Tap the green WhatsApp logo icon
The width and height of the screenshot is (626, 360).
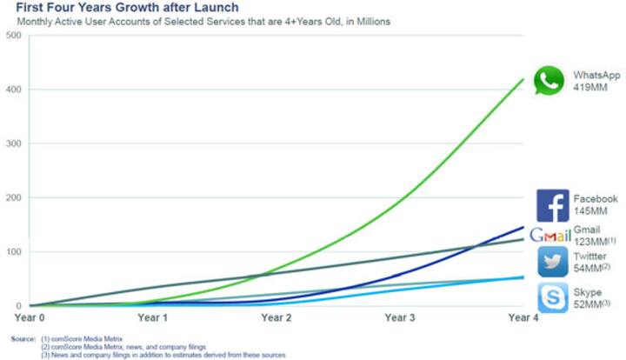point(549,81)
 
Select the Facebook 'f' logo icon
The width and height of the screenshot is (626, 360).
point(552,205)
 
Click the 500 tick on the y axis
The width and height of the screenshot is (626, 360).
point(14,35)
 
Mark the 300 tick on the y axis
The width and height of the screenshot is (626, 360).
point(14,143)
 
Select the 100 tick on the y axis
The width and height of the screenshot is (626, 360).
point(14,252)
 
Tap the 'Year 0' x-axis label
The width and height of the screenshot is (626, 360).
point(30,318)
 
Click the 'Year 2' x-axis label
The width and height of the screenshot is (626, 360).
point(276,318)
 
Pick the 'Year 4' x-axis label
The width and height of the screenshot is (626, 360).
point(523,318)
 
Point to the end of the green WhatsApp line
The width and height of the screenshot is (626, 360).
point(523,79)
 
